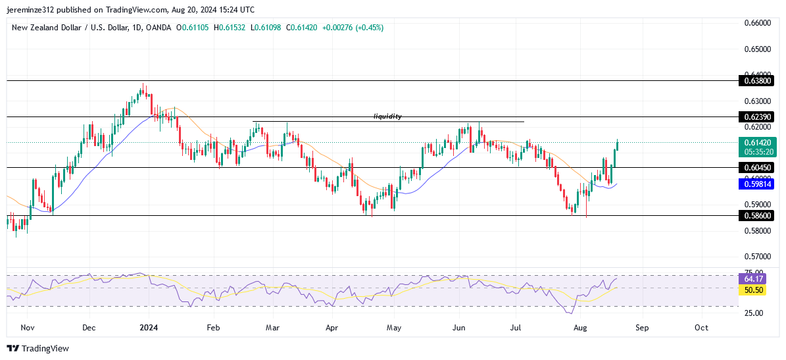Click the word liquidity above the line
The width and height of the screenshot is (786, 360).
point(387,116)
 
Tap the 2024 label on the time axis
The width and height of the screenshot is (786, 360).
point(149,327)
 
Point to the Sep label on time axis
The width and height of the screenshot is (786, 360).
point(642,327)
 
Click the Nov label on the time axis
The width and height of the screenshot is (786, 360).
point(27,327)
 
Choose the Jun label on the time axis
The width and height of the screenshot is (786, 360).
point(459,327)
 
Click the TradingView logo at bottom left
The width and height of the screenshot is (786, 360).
point(37,348)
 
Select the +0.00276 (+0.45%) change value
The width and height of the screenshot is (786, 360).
point(350,28)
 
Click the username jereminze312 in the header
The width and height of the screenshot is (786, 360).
point(34,9)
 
